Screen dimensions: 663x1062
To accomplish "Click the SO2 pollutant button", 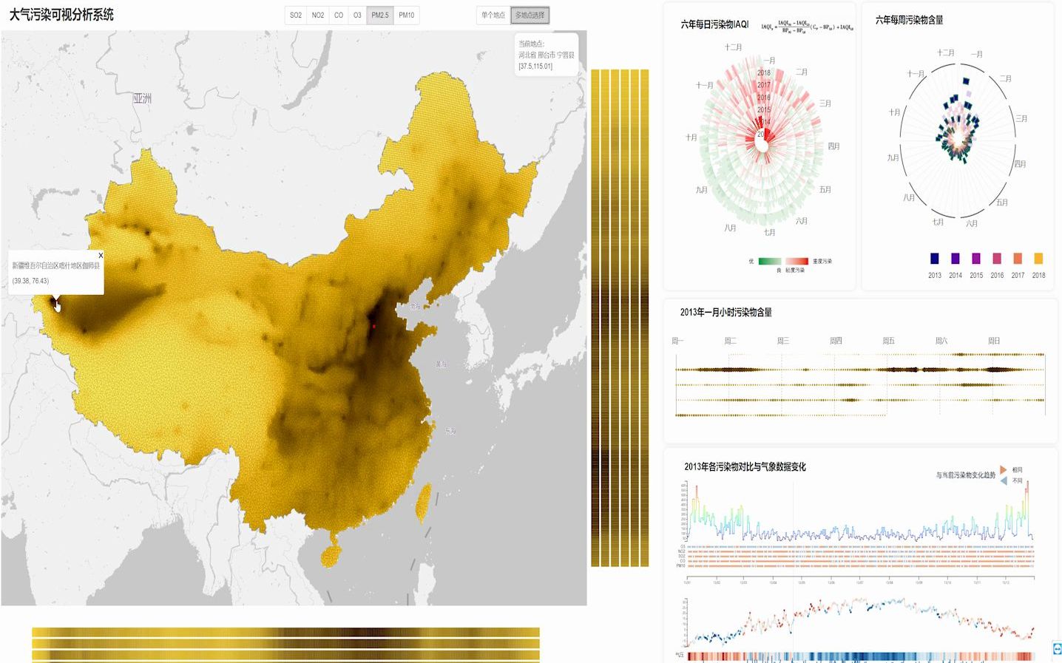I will (296, 16).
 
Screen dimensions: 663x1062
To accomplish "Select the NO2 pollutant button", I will (318, 16).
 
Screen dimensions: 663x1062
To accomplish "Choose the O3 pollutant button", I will (357, 16).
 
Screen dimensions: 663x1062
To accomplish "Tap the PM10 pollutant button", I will (407, 16).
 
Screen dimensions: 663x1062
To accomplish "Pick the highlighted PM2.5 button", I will (380, 16).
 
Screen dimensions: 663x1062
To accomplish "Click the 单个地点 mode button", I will (493, 16).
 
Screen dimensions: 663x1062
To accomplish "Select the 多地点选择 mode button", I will (530, 16).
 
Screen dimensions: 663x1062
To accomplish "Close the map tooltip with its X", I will (101, 256).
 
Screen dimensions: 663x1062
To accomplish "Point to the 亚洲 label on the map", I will (142, 98).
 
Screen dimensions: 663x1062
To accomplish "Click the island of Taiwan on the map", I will (424, 501).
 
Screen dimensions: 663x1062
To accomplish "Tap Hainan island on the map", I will (331, 551).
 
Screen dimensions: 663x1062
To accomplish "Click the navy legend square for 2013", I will (935, 259).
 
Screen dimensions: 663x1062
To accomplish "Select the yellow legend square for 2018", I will (1038, 259).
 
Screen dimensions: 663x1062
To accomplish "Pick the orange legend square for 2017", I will (1018, 259).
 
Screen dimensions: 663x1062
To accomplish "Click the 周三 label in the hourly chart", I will (783, 341).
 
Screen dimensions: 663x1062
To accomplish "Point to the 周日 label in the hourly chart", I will (994, 341).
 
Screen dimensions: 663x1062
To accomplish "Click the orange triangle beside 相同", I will (1003, 469).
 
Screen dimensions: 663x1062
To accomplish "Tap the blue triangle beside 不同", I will (1003, 480).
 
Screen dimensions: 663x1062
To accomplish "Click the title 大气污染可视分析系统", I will (61, 15).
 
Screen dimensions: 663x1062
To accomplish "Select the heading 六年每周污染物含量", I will (909, 20).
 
